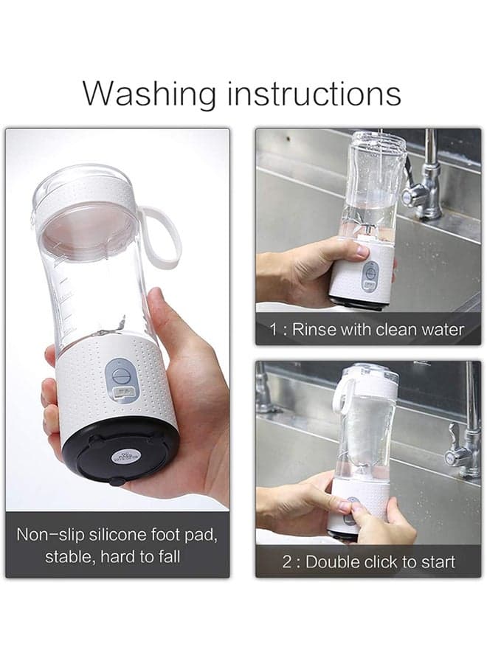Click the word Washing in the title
click(x=150, y=94)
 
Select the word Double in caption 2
click(x=333, y=562)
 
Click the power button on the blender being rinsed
click(x=371, y=271)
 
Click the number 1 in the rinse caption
click(x=274, y=330)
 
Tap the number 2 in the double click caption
click(x=287, y=562)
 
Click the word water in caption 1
click(x=443, y=329)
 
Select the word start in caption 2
click(x=438, y=562)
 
